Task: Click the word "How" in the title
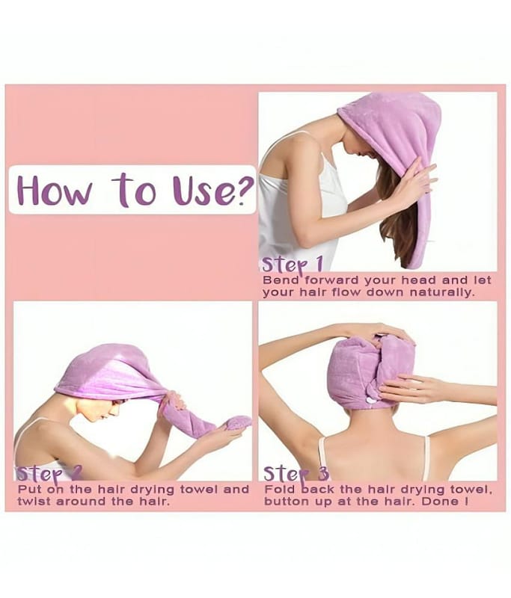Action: click(x=55, y=191)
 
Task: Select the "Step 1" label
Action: click(x=293, y=264)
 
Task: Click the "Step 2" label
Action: click(x=49, y=474)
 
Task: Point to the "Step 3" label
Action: click(x=296, y=474)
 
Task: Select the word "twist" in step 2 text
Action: click(x=34, y=501)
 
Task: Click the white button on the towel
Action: click(x=370, y=400)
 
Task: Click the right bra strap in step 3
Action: click(x=426, y=457)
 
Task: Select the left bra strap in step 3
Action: click(x=322, y=457)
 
